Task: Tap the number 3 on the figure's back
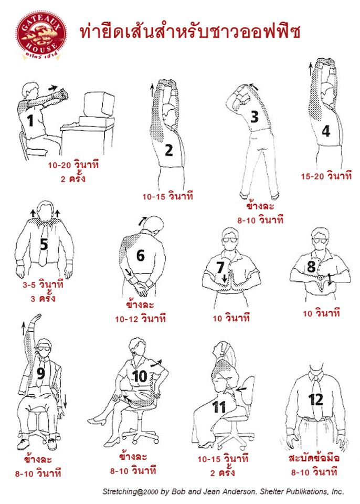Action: [x=254, y=117]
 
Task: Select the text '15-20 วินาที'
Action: [x=326, y=176]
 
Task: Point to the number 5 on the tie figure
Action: [x=44, y=244]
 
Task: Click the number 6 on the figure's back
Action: [x=141, y=256]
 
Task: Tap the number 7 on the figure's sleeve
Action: [x=220, y=267]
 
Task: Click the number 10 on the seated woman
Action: [x=140, y=376]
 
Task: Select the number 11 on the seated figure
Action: [x=219, y=407]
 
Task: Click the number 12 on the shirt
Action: [x=315, y=400]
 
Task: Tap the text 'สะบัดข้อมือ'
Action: [x=314, y=458]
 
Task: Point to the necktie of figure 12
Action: [x=316, y=396]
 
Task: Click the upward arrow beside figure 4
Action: [x=311, y=69]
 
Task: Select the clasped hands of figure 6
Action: [x=141, y=288]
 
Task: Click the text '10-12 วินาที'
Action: [x=141, y=319]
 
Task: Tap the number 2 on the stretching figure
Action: [x=169, y=151]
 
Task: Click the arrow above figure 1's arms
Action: [x=53, y=88]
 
